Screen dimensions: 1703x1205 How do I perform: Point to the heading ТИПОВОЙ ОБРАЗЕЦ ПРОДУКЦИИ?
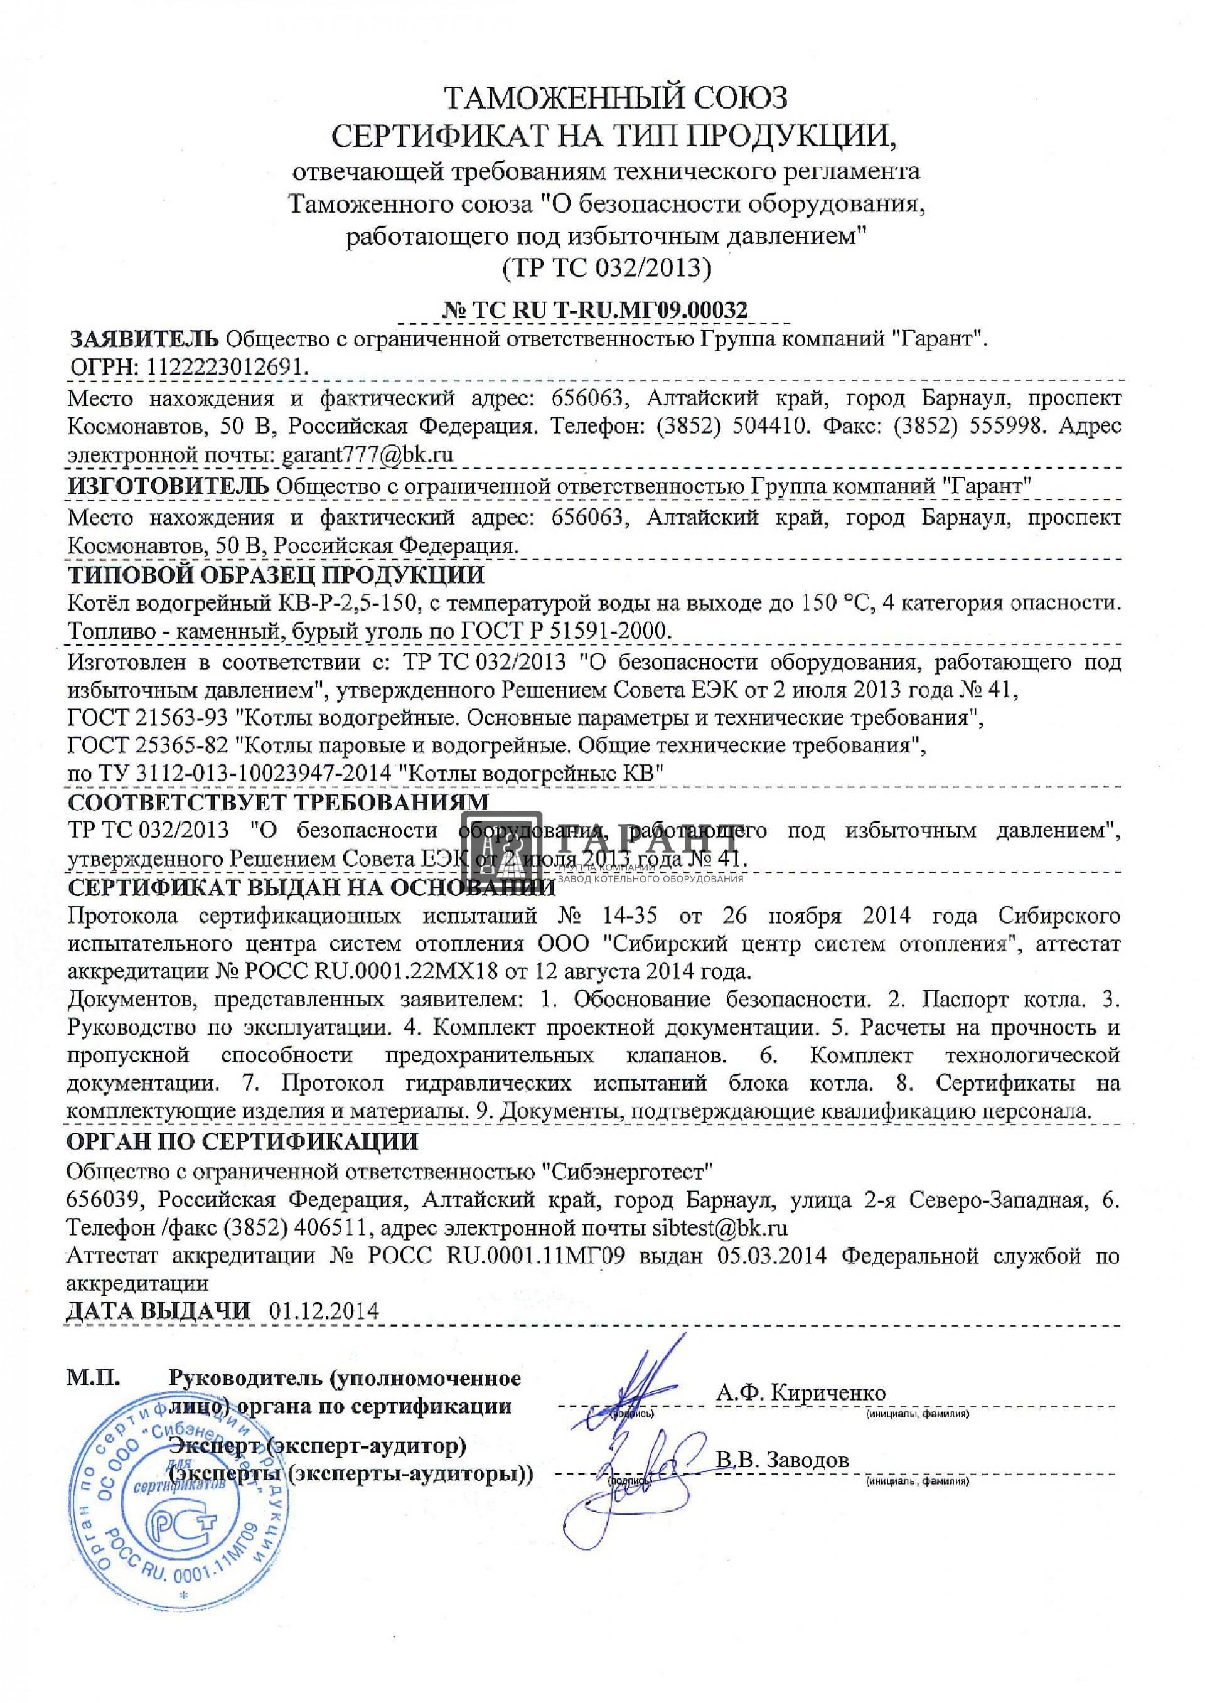(x=276, y=575)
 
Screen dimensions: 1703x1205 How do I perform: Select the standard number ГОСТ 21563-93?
(x=147, y=717)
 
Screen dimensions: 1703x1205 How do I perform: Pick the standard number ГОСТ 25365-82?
(x=147, y=745)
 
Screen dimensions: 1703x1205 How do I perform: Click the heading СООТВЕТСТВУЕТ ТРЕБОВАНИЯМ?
(x=278, y=802)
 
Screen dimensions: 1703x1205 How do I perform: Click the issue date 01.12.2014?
(x=324, y=1311)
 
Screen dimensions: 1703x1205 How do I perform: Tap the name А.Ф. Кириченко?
(x=801, y=1392)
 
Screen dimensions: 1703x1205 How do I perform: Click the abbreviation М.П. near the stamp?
(x=94, y=1378)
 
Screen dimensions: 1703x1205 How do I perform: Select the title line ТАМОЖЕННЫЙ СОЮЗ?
(x=615, y=97)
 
